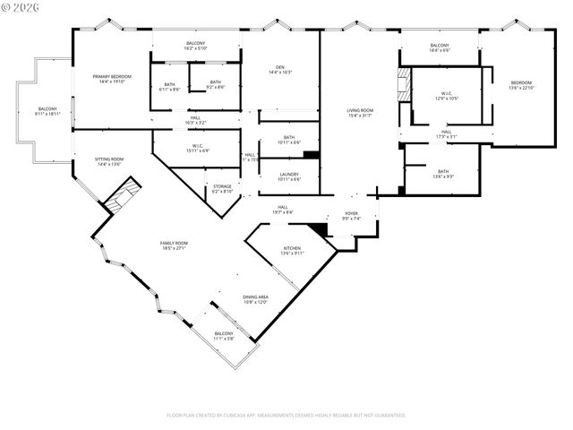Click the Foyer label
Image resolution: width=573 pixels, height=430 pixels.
[x=351, y=215]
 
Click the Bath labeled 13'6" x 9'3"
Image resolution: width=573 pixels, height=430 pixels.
[x=443, y=174]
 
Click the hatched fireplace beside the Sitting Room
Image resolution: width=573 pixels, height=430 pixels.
[x=121, y=196]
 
